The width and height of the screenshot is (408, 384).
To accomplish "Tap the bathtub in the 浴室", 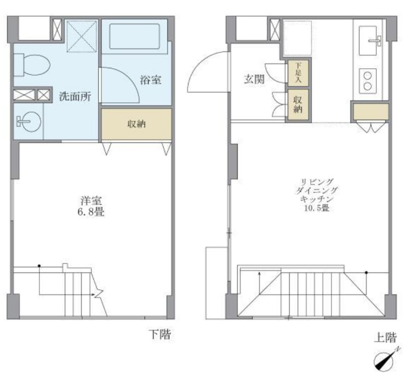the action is (134, 36).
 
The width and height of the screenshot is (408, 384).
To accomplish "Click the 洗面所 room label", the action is (75, 97).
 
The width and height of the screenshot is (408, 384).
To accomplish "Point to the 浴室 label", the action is (150, 80).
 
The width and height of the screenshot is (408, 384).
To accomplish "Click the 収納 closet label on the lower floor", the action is (136, 124).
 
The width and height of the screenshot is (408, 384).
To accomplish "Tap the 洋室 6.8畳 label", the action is (91, 206).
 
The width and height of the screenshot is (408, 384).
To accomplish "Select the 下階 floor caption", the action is (160, 334).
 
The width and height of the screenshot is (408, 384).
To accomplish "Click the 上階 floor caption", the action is (385, 338).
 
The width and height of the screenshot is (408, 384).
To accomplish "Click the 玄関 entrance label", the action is (254, 79).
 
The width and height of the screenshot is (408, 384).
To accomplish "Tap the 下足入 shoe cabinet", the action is (298, 73).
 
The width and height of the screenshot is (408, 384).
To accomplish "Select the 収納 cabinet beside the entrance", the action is (298, 105).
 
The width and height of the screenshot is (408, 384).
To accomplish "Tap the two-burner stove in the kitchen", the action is (368, 81).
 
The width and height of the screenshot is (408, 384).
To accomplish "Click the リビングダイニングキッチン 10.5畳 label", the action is (317, 195).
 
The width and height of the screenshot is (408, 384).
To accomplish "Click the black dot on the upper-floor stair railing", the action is (366, 272).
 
